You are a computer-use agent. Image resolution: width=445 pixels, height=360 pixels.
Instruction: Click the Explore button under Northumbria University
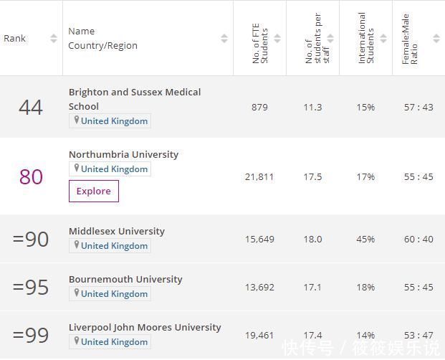pyautogui.click(x=93, y=191)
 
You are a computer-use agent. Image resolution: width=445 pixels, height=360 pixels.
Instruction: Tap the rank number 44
pyautogui.click(x=31, y=108)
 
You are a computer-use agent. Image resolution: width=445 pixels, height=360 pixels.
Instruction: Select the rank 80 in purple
pyautogui.click(x=31, y=176)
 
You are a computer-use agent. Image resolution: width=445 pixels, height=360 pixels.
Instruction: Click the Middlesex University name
pyautogui.click(x=117, y=231)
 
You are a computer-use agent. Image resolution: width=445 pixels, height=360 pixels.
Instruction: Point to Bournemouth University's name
pyautogui.click(x=125, y=279)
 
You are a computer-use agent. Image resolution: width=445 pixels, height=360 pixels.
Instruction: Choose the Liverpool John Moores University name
pyautogui.click(x=145, y=327)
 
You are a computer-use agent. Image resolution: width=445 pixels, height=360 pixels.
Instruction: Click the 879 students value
pyautogui.click(x=259, y=107)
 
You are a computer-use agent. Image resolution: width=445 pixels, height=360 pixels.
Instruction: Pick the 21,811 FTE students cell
pyautogui.click(x=259, y=176)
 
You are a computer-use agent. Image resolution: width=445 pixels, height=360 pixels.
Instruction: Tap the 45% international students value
pyautogui.click(x=365, y=239)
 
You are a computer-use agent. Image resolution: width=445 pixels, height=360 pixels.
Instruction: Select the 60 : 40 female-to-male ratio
pyautogui.click(x=418, y=239)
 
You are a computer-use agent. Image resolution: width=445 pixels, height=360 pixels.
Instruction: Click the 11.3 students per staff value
pyautogui.click(x=312, y=107)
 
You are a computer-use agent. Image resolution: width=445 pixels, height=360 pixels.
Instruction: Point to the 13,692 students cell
pyautogui.click(x=259, y=287)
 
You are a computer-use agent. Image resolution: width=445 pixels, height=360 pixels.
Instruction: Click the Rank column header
pyautogui.click(x=15, y=38)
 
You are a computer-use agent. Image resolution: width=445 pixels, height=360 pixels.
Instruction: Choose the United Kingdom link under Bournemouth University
pyautogui.click(x=114, y=294)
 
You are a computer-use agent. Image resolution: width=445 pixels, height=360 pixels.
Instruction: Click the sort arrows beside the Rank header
pyautogui.click(x=54, y=39)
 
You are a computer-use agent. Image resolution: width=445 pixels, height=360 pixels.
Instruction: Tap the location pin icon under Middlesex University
pyautogui.click(x=76, y=245)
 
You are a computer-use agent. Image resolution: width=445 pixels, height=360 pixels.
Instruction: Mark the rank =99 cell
pyautogui.click(x=31, y=335)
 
